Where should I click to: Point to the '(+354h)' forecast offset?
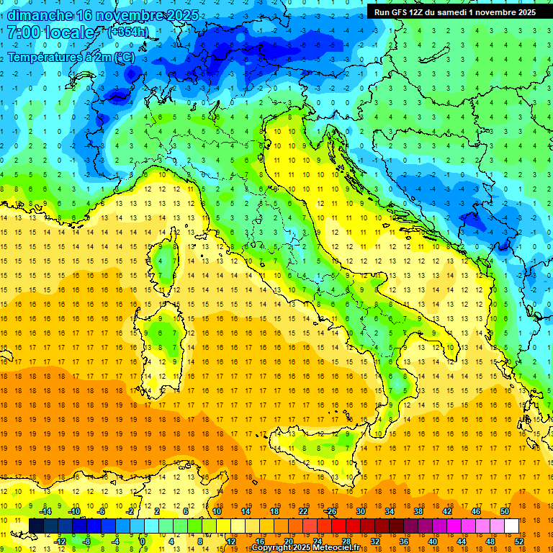coord(130,32)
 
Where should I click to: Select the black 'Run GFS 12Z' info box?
coord(455,12)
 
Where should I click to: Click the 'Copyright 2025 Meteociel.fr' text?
coord(305,548)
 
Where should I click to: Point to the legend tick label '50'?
coord(504,511)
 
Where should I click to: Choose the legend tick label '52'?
coord(518,541)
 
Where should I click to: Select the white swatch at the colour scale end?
coord(511,526)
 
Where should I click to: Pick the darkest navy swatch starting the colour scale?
coord(36,526)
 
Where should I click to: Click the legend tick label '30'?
coord(360,511)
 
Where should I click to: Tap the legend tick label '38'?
coord(418,511)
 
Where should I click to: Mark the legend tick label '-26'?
coord(331,511)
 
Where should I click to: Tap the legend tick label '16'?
coord(260,541)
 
